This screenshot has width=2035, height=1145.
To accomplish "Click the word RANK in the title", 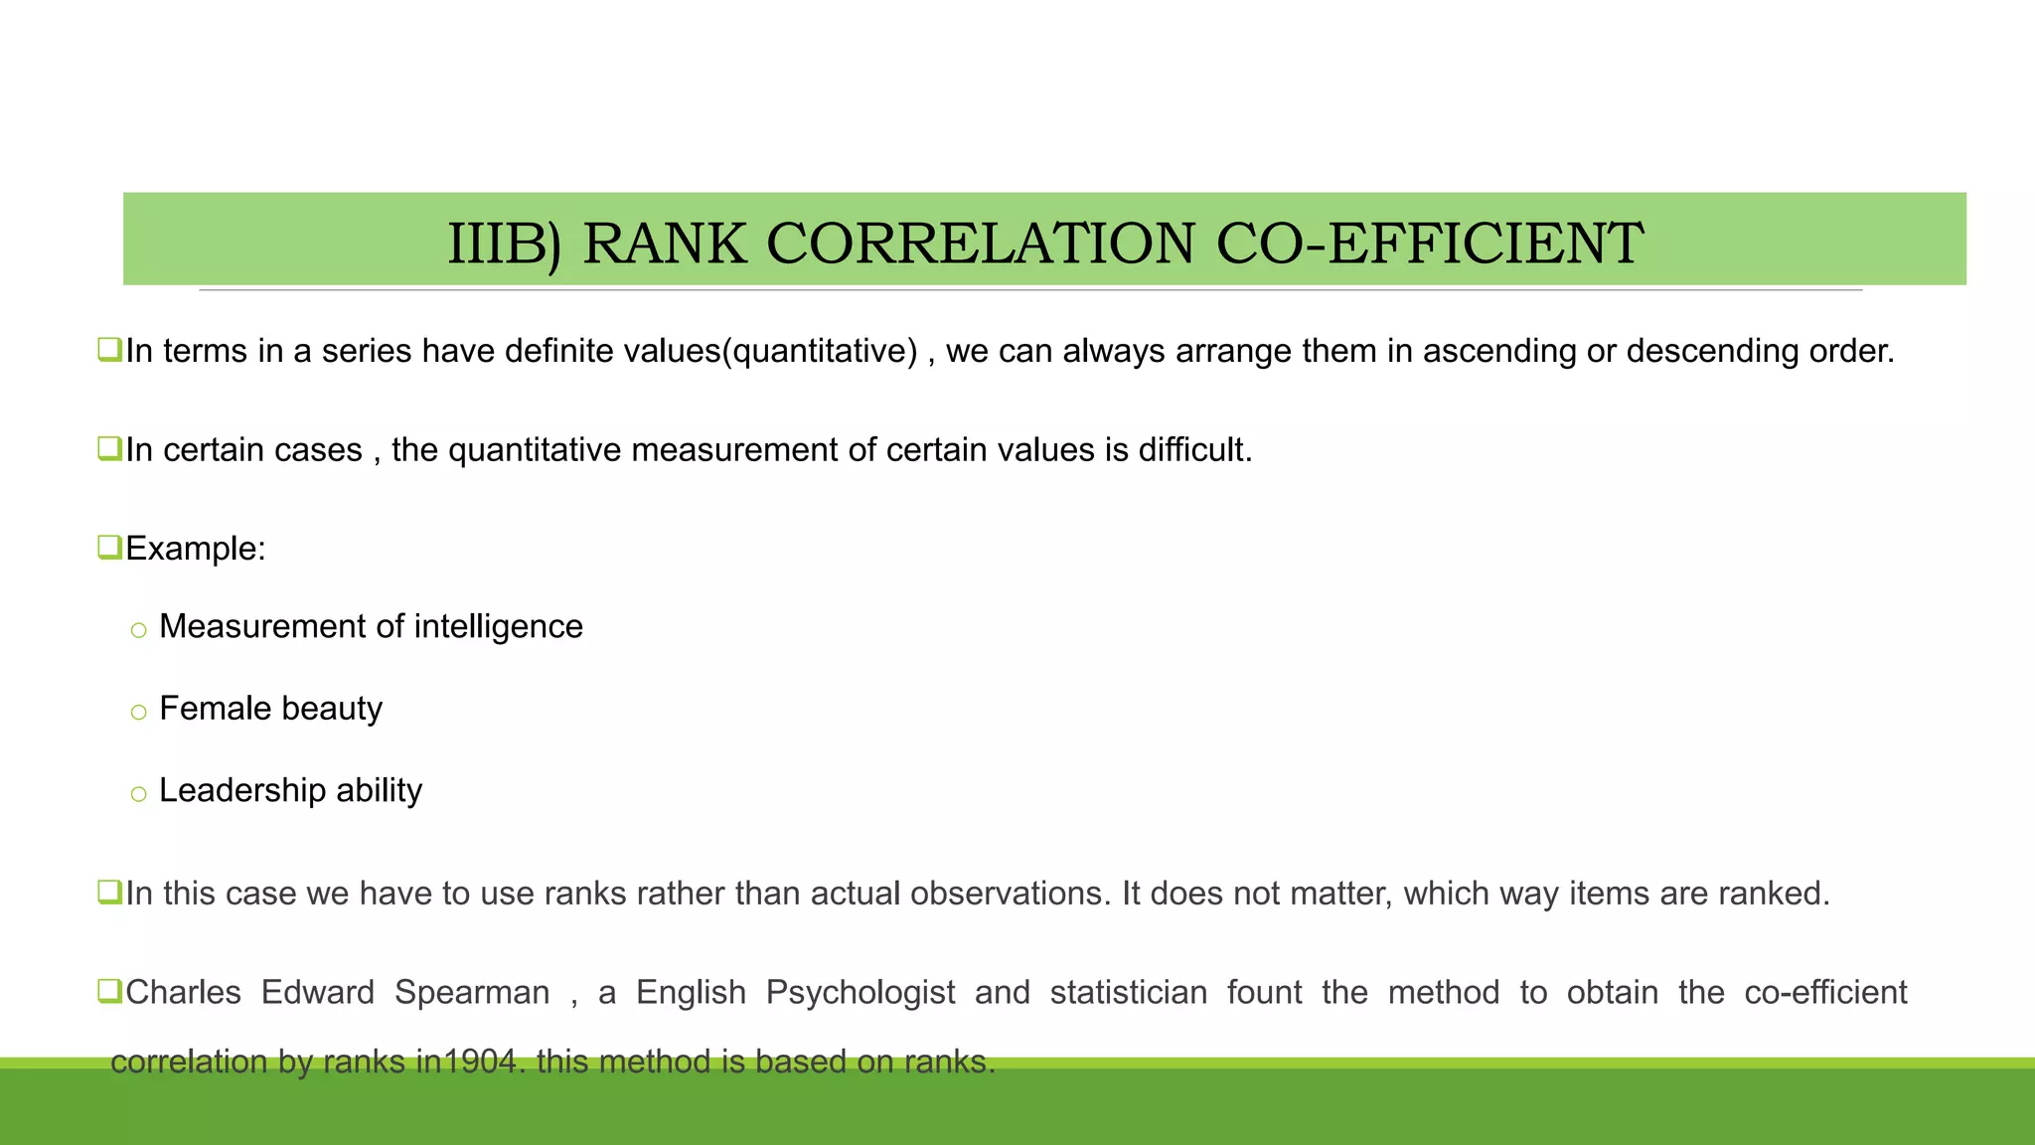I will tap(664, 244).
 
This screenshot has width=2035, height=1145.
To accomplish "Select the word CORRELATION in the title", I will tap(981, 244).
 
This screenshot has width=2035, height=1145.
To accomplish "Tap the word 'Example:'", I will tap(196, 549).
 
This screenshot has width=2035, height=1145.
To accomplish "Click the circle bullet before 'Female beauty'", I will tap(138, 712).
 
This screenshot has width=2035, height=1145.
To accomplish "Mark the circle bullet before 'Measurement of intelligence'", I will tap(138, 630).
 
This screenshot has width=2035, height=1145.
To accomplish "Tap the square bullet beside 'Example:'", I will tap(109, 547).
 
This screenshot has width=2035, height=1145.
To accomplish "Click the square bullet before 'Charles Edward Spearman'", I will tap(109, 991).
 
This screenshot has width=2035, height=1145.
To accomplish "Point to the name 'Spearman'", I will tap(472, 992).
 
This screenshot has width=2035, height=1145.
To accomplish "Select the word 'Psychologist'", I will tap(861, 992).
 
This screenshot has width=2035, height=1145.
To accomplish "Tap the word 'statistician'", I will tap(1128, 992).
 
